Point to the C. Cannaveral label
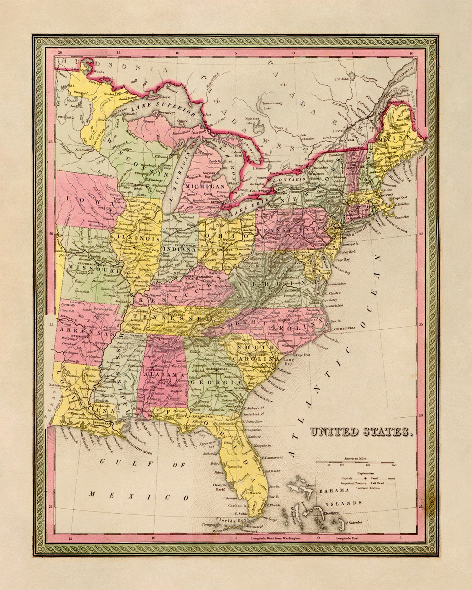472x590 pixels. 273,457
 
